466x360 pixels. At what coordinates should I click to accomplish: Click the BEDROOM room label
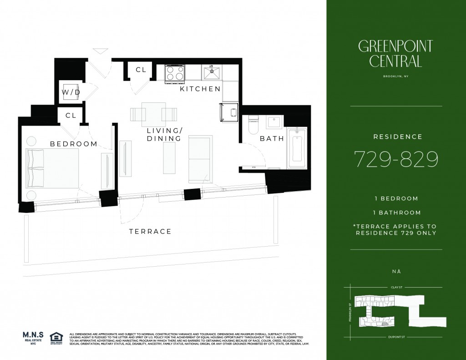tap(74, 144)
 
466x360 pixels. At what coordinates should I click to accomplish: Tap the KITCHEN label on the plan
tap(200, 89)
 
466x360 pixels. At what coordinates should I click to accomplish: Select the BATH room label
tap(272, 138)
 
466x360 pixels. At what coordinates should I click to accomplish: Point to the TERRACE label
tap(150, 231)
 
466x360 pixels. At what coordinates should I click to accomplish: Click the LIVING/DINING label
tap(164, 134)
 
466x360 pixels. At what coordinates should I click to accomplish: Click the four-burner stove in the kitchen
tap(175, 73)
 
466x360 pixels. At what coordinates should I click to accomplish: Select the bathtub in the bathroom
tap(298, 148)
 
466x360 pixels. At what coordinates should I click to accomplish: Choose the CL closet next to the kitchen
tap(141, 70)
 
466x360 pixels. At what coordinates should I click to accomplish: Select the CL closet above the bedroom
tap(71, 116)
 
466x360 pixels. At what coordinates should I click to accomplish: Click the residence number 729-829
tap(396, 159)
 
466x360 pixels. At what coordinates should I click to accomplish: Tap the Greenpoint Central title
tap(395, 53)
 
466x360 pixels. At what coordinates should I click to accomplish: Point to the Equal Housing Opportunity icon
tap(56, 337)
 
